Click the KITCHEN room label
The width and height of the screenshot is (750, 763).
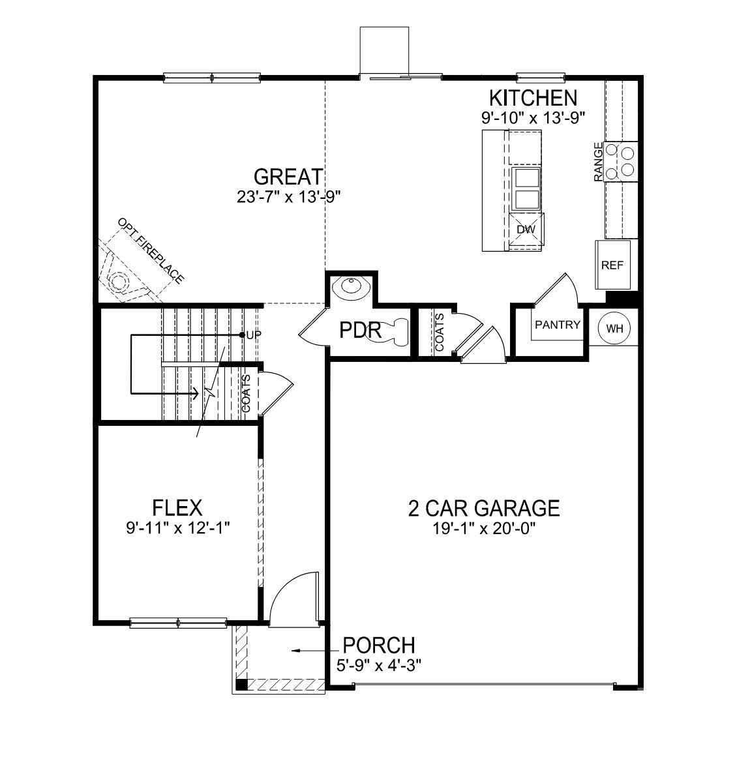tap(533, 98)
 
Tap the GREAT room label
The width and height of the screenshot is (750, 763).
tap(288, 177)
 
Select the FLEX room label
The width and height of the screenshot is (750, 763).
tap(177, 507)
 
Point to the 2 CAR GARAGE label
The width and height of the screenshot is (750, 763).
tap(484, 507)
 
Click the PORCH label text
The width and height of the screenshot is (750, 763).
tap(379, 645)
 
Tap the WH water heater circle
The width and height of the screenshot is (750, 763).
tap(614, 328)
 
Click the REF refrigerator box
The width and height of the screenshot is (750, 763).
tap(612, 265)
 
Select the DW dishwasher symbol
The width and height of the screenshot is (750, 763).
tap(526, 230)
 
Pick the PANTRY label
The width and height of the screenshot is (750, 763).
tap(558, 325)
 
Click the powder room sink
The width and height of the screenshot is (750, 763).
tap(350, 286)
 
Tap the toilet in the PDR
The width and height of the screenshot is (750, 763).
tap(395, 331)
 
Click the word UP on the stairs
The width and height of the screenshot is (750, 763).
tap(253, 335)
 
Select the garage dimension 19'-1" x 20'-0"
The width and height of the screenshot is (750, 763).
tap(484, 529)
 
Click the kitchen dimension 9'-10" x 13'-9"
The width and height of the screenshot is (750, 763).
tap(533, 118)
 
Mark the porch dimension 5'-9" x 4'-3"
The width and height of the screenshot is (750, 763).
tap(379, 665)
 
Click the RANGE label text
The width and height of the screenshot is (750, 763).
tap(598, 162)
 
